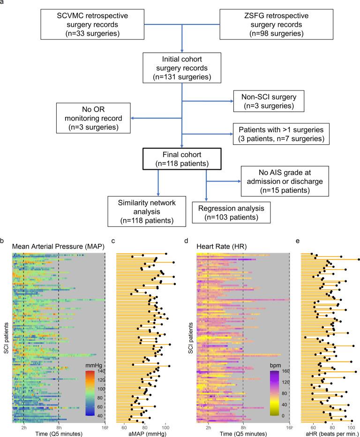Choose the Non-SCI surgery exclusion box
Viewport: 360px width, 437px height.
268,101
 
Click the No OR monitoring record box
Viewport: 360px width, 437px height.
93,118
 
